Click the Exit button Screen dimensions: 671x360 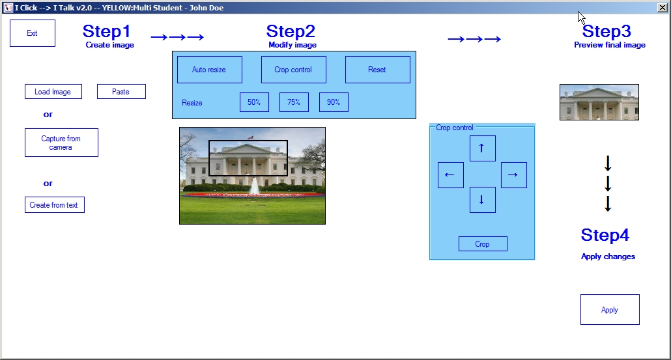pyautogui.click(x=33, y=33)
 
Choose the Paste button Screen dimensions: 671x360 pyautogui.click(x=121, y=92)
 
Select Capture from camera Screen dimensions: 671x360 pyautogui.click(x=61, y=143)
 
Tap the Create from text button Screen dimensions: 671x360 pyautogui.click(x=54, y=205)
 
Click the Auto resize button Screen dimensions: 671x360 pyautogui.click(x=210, y=70)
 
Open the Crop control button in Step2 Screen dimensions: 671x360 pyautogui.click(x=294, y=70)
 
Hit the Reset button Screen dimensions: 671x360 pyautogui.click(x=377, y=70)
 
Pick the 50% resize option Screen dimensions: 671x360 pyautogui.click(x=254, y=102)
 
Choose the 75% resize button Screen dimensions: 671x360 pyautogui.click(x=294, y=102)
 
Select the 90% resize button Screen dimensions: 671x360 pyautogui.click(x=334, y=102)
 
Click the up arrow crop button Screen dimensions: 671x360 pyautogui.click(x=483, y=148)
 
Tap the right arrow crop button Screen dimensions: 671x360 pyautogui.click(x=514, y=175)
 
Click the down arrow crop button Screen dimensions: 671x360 pyautogui.click(x=483, y=200)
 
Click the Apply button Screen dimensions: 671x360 pyautogui.click(x=610, y=310)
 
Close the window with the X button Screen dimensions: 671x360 pyautogui.click(x=662, y=7)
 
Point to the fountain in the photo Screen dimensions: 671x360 pyautogui.click(x=255, y=186)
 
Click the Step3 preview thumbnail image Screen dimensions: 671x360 pyautogui.click(x=599, y=102)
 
